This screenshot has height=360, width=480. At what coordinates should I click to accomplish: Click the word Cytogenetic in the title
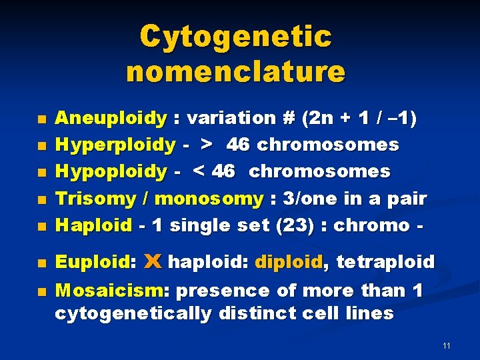click(x=235, y=37)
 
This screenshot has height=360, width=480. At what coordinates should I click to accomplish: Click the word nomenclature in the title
click(x=235, y=71)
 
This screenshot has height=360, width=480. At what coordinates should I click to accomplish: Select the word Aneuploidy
click(x=111, y=119)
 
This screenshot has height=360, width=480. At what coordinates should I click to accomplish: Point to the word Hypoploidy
click(x=111, y=171)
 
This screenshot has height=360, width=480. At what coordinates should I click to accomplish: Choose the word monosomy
click(x=209, y=198)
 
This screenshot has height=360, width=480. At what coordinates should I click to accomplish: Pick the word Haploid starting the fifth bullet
click(x=93, y=225)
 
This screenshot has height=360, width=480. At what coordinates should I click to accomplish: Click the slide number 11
click(x=446, y=346)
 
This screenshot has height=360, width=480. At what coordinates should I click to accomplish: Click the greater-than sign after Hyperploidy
click(x=207, y=145)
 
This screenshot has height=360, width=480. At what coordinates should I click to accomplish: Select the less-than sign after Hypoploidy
click(x=199, y=171)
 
